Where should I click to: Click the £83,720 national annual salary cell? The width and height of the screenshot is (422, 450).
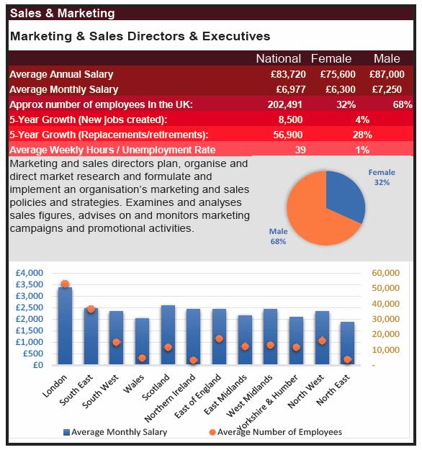288,74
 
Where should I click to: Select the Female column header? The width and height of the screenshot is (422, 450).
331,58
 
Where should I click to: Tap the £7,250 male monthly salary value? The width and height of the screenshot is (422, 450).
387,89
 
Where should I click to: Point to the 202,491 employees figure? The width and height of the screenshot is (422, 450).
284,104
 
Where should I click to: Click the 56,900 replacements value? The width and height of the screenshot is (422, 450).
287,135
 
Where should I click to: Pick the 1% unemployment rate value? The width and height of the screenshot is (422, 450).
362,150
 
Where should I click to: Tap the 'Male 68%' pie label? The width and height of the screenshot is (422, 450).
278,236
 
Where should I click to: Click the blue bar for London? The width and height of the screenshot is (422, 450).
65,325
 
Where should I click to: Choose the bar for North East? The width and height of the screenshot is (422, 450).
348,343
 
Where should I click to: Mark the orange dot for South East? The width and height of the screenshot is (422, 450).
91,309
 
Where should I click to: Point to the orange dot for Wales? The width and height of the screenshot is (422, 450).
142,358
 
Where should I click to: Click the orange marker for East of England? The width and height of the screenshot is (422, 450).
219,338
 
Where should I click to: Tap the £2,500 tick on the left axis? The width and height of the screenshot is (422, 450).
30,307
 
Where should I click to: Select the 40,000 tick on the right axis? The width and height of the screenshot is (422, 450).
385,303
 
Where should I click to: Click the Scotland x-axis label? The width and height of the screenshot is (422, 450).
156,387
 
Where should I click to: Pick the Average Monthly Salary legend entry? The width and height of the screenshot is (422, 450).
115,432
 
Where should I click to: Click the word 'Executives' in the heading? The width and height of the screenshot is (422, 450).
236,37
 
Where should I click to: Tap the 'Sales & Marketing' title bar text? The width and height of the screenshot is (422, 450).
63,13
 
